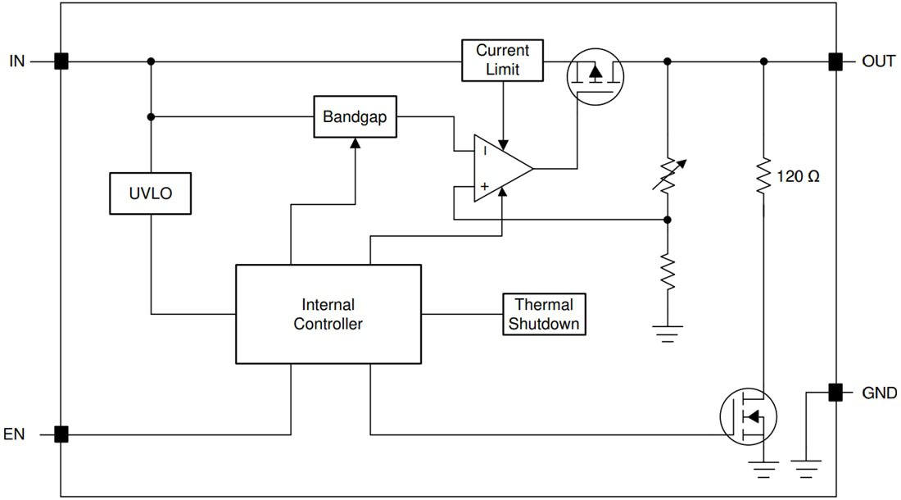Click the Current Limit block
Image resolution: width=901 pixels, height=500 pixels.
(502, 61)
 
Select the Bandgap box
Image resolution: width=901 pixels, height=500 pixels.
(355, 117)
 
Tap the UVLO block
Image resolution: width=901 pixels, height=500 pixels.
(151, 193)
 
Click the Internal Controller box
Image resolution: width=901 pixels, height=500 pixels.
(328, 314)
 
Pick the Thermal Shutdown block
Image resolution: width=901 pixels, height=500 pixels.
(544, 314)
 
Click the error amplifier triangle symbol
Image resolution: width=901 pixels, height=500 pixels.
(500, 169)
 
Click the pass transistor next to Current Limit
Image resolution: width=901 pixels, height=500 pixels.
(595, 73)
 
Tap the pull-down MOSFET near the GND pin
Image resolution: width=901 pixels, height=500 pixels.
(749, 416)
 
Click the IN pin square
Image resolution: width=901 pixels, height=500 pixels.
(61, 61)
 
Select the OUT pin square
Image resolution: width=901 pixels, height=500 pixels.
(835, 61)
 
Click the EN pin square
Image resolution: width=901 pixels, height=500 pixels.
(61, 434)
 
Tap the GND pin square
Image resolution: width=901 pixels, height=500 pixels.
(835, 393)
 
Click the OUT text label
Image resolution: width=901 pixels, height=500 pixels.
(878, 61)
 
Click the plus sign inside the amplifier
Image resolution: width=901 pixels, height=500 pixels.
(485, 187)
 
